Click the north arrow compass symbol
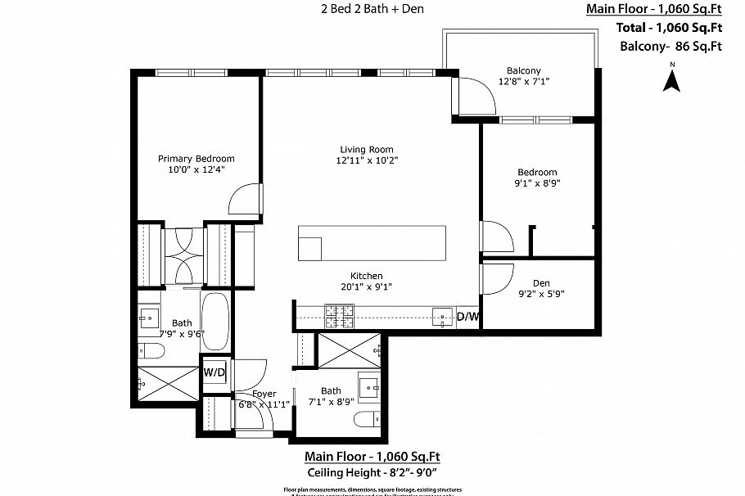click(671, 79)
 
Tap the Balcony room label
click(524, 71)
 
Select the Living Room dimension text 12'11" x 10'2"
click(368, 160)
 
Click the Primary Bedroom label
click(196, 159)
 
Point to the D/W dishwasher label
click(467, 317)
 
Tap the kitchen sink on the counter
click(443, 316)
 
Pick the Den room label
click(541, 283)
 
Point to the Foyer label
click(264, 394)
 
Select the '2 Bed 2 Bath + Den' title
click(372, 10)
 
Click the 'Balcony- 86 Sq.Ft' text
click(670, 46)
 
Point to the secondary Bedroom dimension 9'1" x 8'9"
click(537, 183)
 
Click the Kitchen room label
click(366, 276)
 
